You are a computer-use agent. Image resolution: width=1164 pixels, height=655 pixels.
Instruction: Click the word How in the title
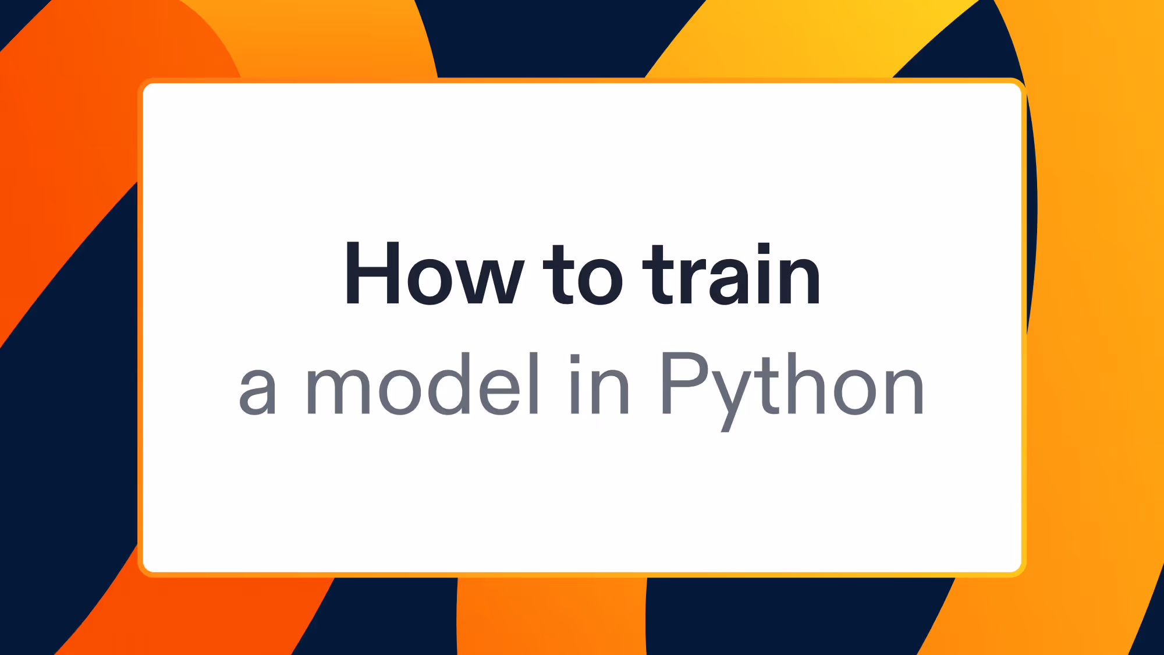tap(434, 274)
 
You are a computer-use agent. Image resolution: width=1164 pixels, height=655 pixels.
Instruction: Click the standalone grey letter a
tap(257, 391)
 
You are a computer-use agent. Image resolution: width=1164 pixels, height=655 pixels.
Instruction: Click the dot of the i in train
tap(764, 249)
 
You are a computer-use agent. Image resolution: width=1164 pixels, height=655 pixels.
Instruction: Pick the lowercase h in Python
tap(807, 384)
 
